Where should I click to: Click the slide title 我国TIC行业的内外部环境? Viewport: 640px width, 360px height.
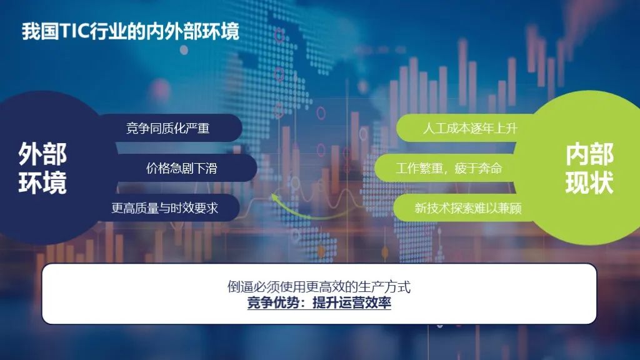pos(130,31)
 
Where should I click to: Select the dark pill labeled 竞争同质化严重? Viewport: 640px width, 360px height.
pos(171,128)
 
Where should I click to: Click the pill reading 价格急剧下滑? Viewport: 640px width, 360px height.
pos(184,167)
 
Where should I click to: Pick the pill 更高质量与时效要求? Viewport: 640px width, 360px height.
pos(167,207)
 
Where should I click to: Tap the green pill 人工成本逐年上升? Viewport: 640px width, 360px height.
pos(465,128)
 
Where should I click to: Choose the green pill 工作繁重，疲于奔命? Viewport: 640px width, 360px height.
pos(447,167)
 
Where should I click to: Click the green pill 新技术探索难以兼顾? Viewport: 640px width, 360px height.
pos(465,207)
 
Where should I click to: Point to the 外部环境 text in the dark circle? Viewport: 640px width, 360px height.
pos(42,168)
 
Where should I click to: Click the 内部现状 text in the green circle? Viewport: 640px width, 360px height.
pos(589,168)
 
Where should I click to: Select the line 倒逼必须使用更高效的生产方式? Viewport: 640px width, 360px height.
pos(319,286)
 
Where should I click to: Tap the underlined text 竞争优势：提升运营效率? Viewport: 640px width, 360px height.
pos(319,303)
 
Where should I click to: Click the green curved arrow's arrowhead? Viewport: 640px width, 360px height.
pos(275,198)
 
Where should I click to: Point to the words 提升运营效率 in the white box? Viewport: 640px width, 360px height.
pos(352,303)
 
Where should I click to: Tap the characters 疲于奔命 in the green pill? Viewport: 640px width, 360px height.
pos(478,168)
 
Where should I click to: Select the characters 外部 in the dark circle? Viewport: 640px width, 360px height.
pos(42,154)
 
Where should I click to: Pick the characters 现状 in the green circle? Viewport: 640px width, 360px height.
pos(589,182)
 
